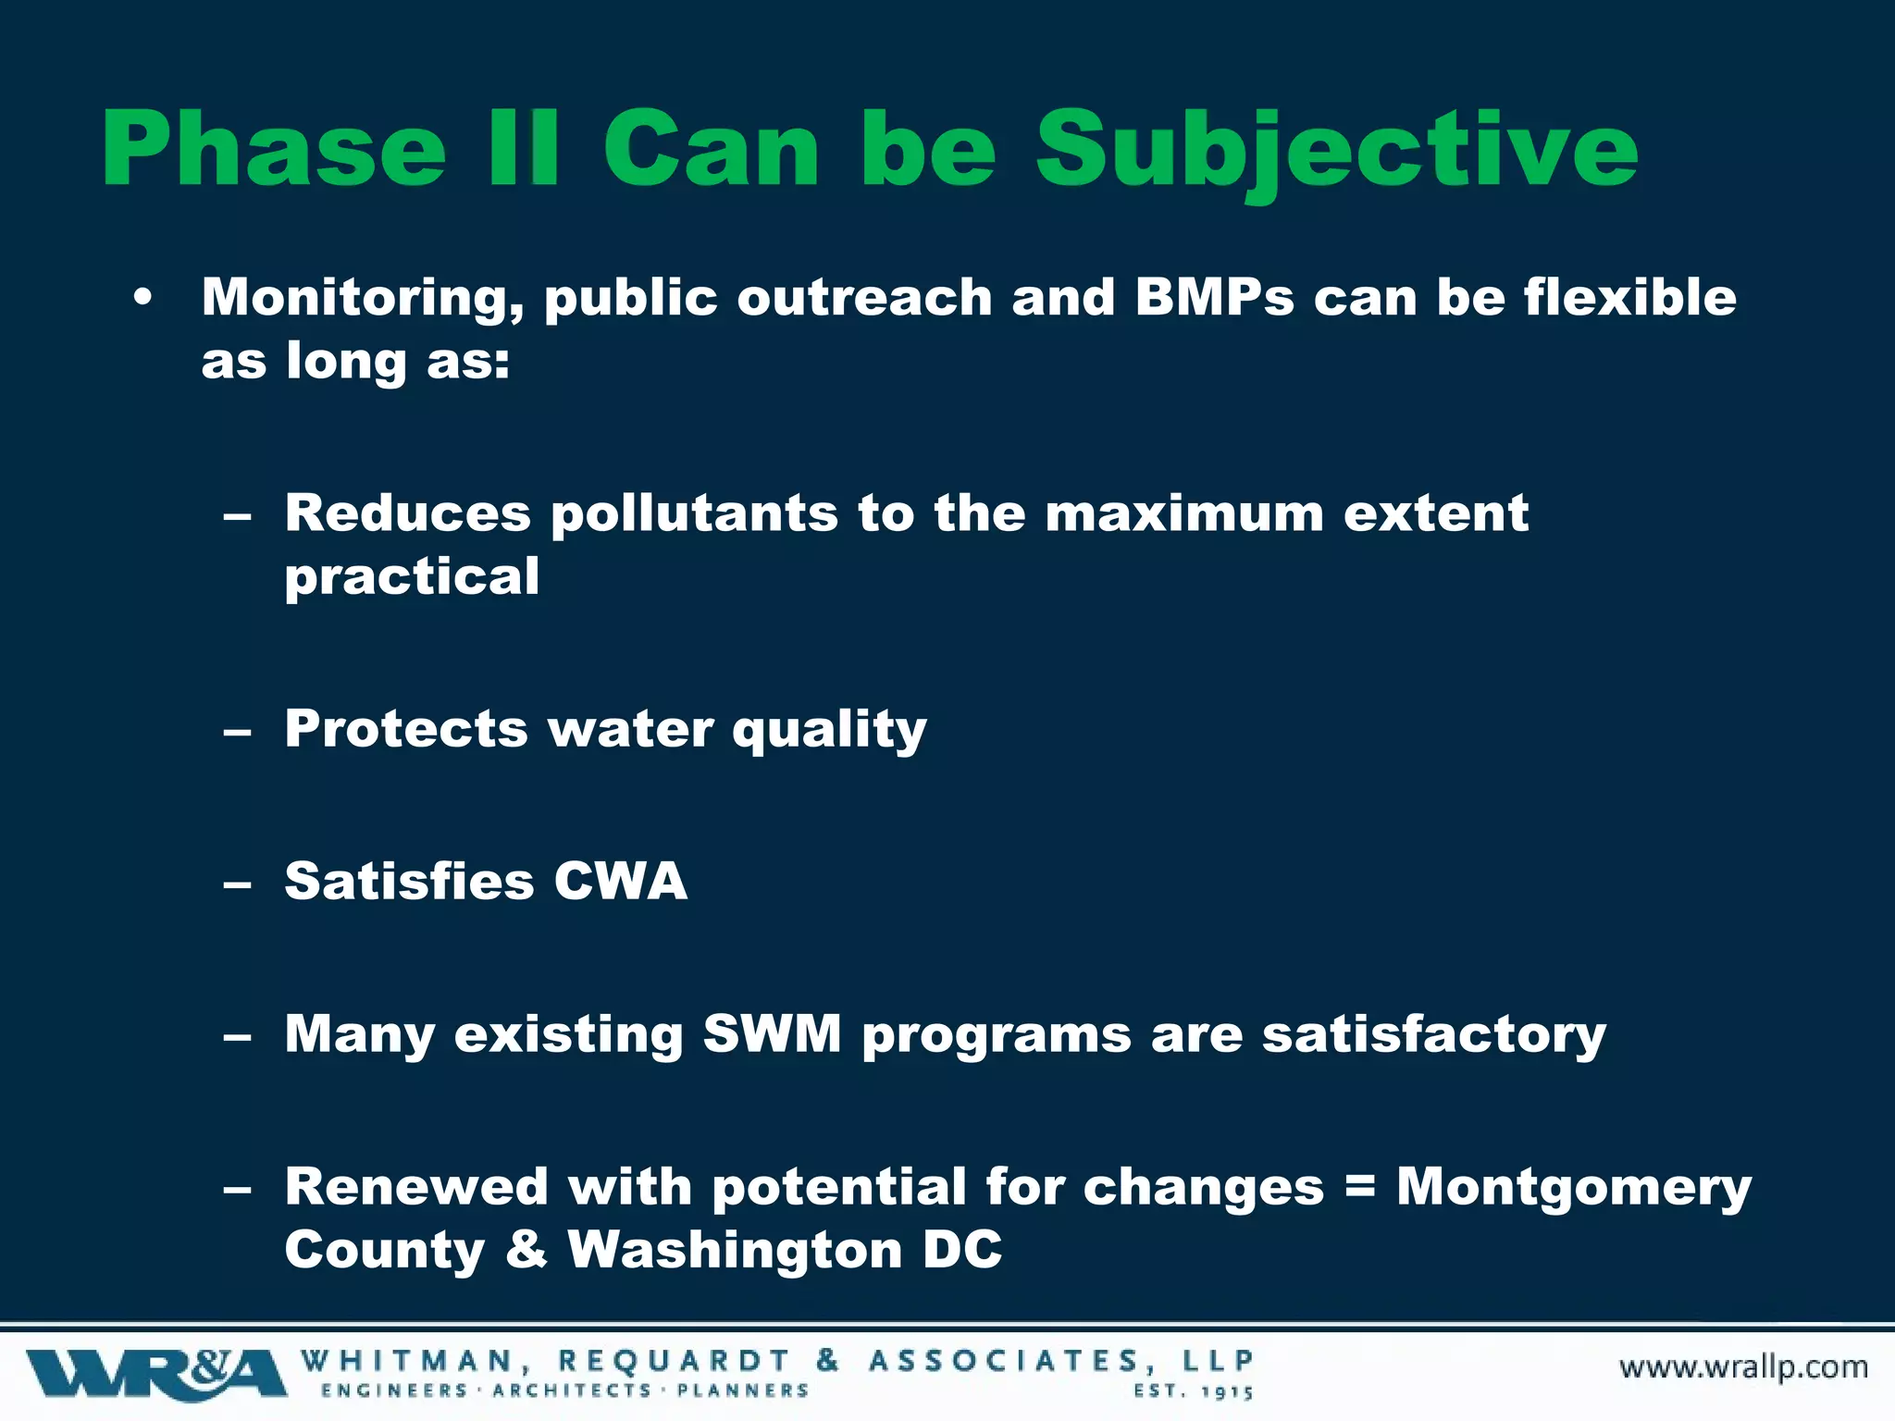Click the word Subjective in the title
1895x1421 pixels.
(1336, 150)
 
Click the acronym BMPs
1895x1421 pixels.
(1214, 298)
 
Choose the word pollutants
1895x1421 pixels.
(694, 514)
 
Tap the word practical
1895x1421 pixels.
(412, 577)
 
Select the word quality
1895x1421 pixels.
(829, 731)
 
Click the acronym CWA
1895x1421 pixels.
(620, 881)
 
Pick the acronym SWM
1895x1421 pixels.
(772, 1033)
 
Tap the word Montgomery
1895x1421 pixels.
(1574, 1188)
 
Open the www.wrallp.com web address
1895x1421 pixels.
(1743, 1367)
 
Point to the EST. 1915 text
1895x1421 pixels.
(1194, 1391)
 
